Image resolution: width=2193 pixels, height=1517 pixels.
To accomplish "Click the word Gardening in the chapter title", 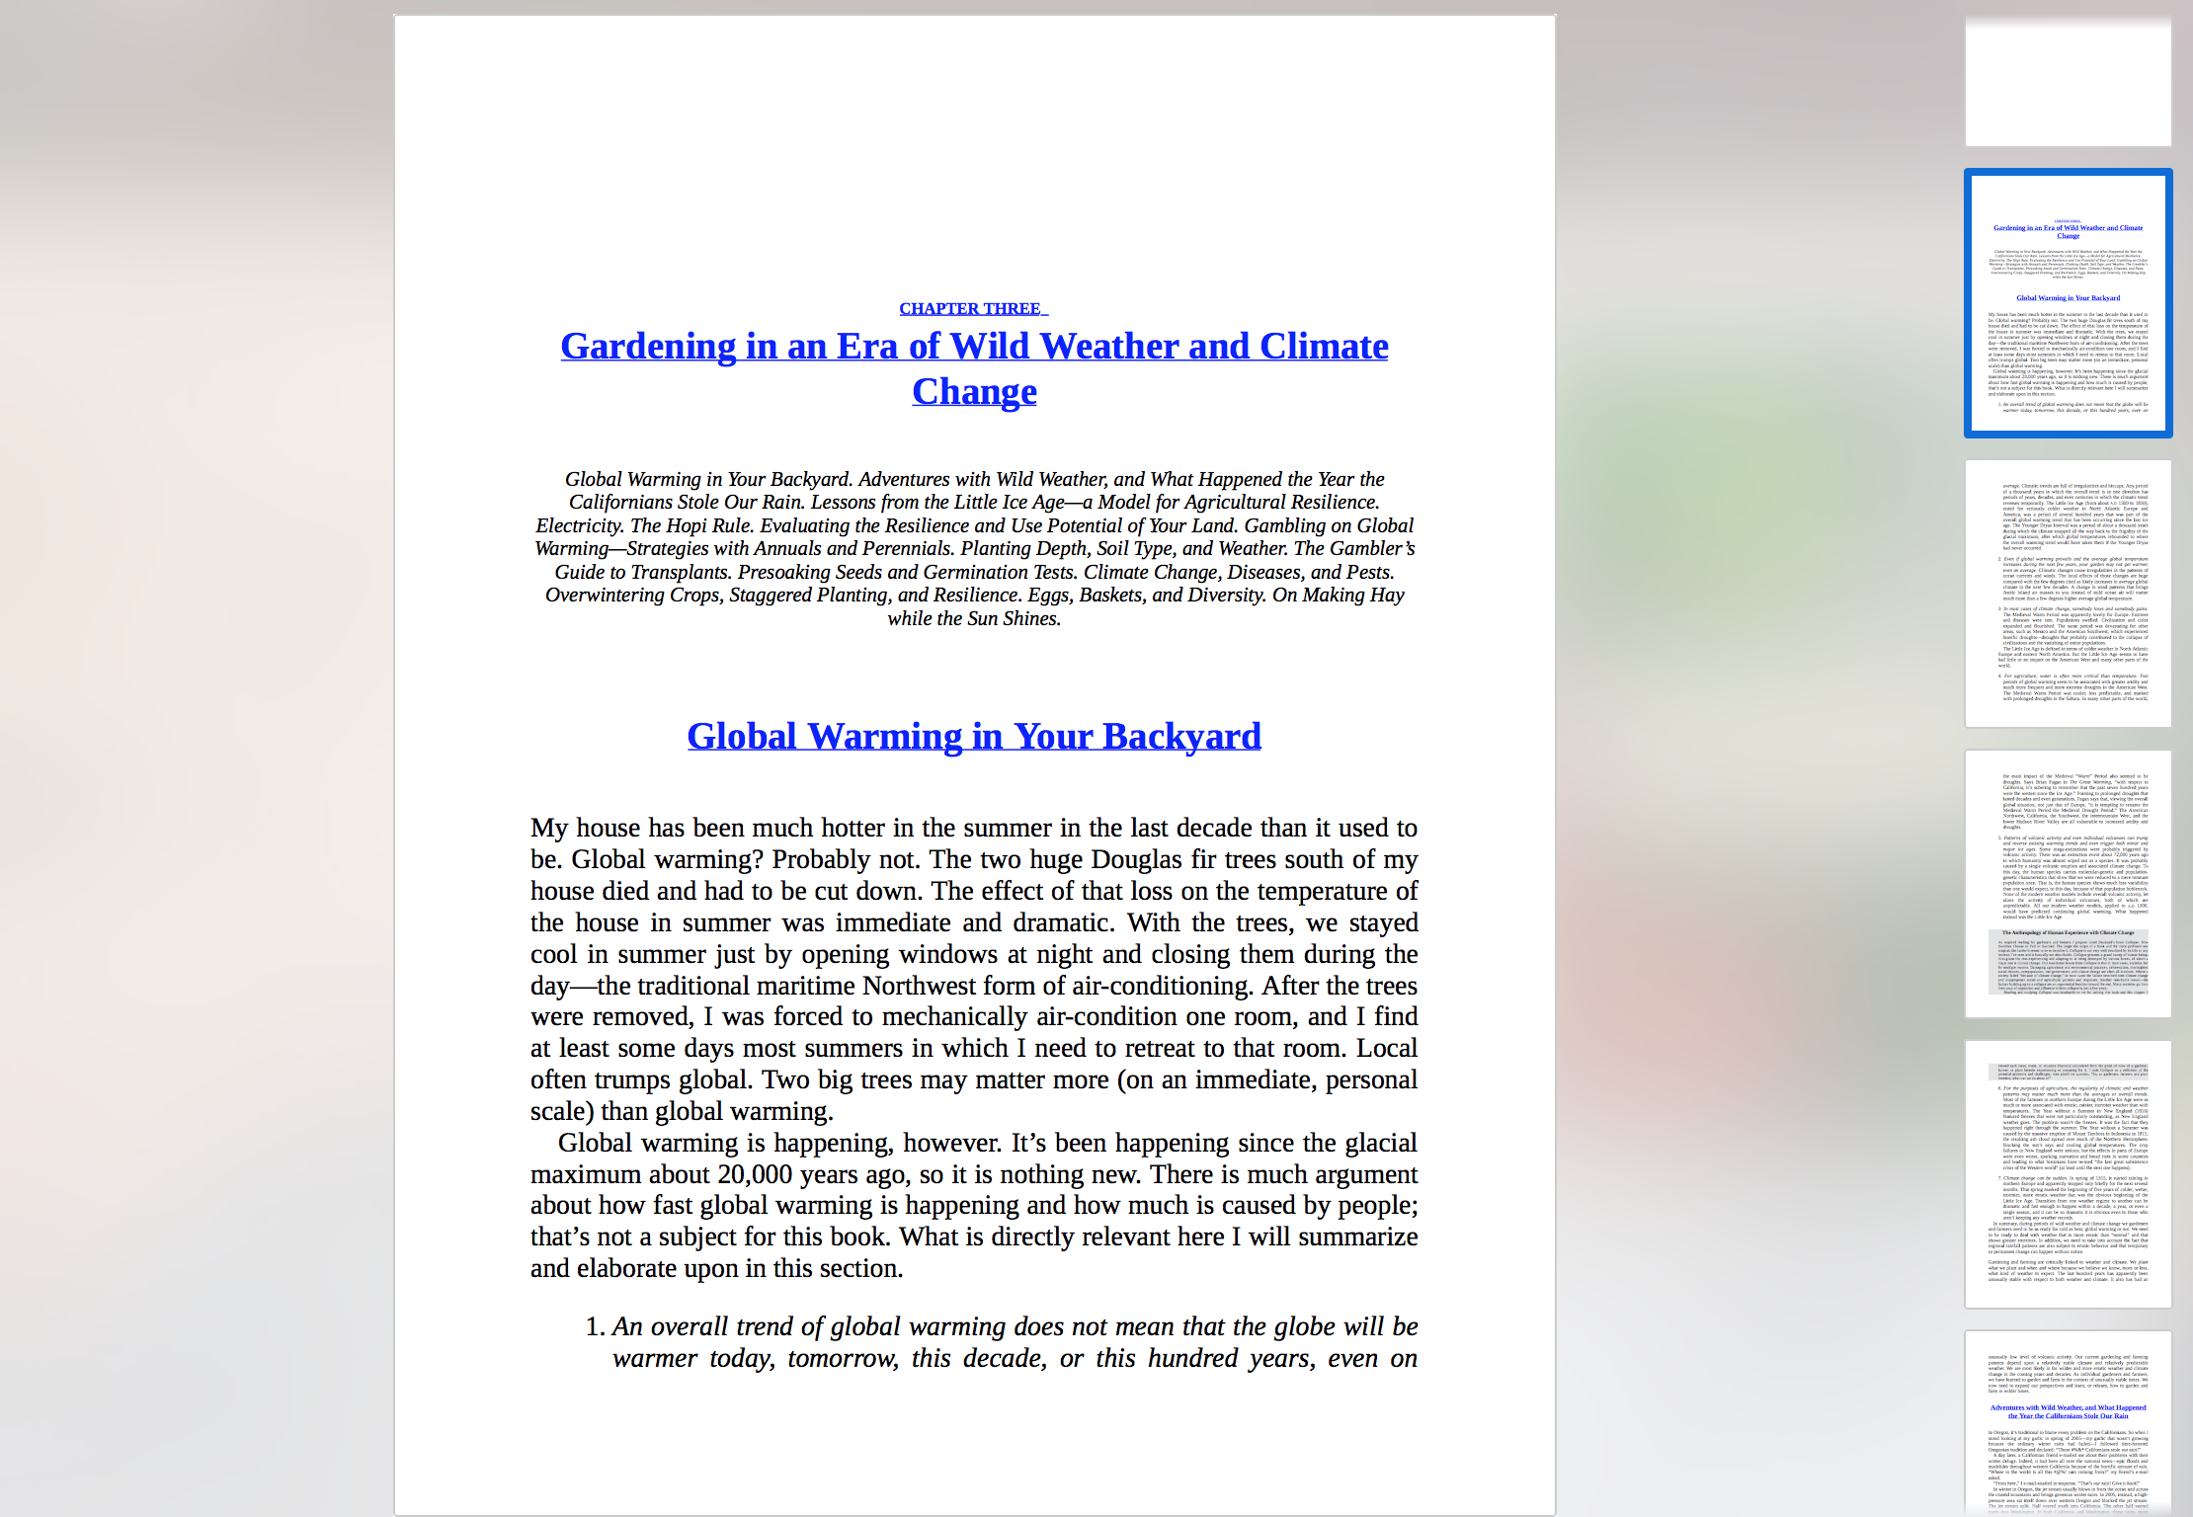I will (x=648, y=347).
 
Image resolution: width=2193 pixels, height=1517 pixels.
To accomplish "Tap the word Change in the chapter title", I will (x=974, y=392).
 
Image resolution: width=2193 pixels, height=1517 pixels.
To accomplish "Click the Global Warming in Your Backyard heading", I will (x=974, y=737).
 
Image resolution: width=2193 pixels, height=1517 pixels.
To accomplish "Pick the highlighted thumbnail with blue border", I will (x=2068, y=303).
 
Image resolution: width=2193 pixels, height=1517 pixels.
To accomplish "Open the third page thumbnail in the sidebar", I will (x=2068, y=593).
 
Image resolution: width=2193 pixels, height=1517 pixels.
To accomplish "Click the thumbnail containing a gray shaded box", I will (x=2068, y=883).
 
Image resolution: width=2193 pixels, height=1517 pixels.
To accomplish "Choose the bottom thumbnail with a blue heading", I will (x=2068, y=1422).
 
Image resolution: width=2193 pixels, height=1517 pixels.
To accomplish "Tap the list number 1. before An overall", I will (x=595, y=1326).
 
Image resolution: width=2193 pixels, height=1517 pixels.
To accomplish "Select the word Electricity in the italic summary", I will (x=579, y=525).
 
